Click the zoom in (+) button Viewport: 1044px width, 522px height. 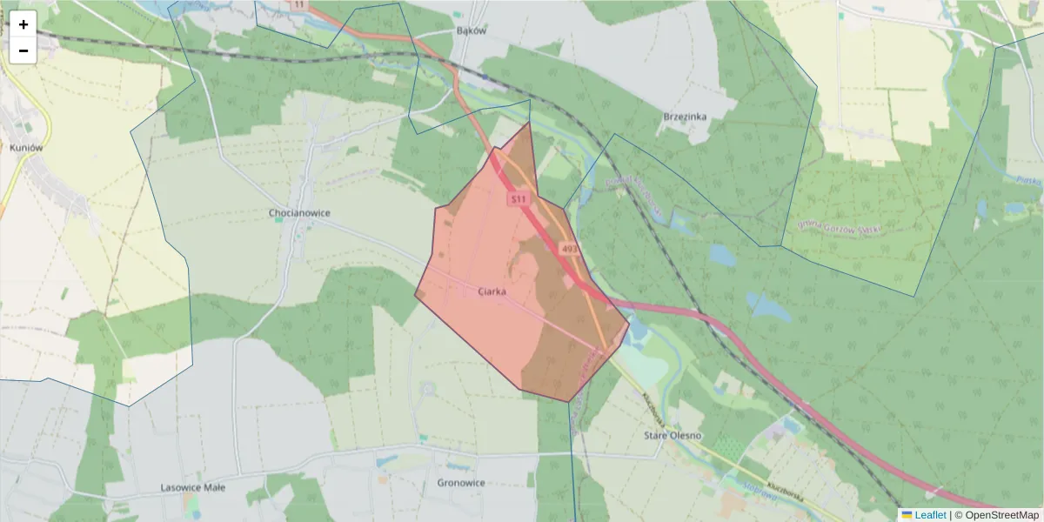pos(23,24)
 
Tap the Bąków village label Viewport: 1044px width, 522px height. pos(471,30)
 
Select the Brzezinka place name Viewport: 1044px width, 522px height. pos(686,117)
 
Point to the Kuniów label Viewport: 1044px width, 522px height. pos(26,148)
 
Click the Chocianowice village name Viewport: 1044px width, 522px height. pos(299,213)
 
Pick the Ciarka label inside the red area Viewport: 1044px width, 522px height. pos(492,292)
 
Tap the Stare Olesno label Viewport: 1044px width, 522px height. pos(673,435)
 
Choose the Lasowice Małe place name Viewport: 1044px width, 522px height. pos(193,487)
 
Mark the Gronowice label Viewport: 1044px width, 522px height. pos(461,483)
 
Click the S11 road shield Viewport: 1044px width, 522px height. pos(519,199)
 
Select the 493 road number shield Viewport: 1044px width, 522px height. pos(570,249)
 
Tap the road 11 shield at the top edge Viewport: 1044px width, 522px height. pos(300,4)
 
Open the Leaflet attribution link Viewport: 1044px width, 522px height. pos(930,515)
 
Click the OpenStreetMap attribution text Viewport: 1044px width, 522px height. pos(1000,515)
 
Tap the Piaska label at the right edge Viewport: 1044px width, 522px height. pos(1027,179)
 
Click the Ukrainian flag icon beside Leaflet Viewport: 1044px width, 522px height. pos(907,515)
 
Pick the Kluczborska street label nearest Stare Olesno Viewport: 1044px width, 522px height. pos(658,409)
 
